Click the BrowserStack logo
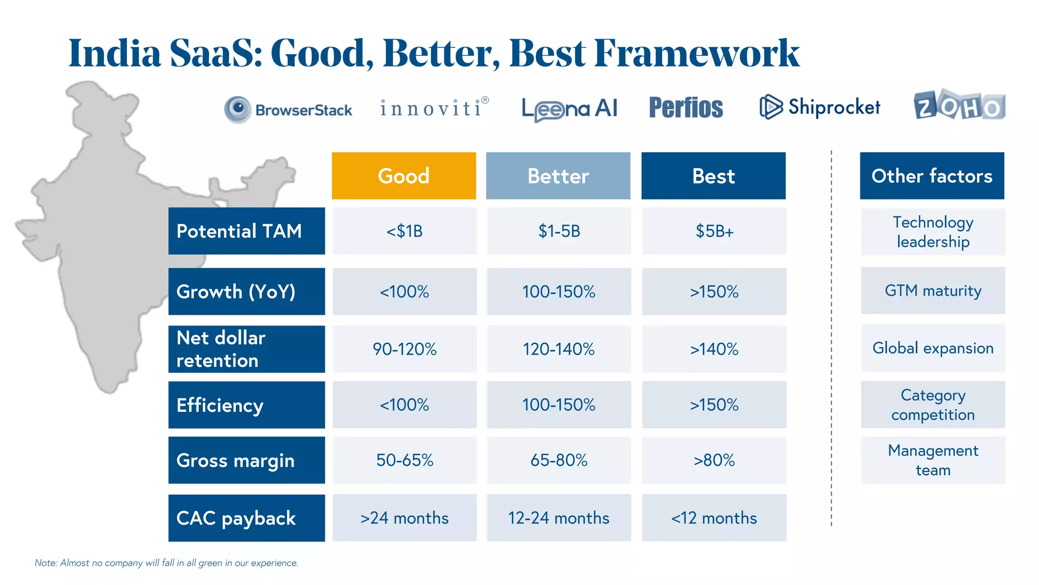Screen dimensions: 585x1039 pyautogui.click(x=288, y=110)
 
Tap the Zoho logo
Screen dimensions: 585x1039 pyautogui.click(x=959, y=106)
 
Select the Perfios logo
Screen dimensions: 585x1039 pyautogui.click(x=686, y=108)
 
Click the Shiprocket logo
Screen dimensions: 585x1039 pyautogui.click(x=820, y=107)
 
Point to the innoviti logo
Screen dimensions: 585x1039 pyautogui.click(x=434, y=108)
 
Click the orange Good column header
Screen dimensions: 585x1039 pyautogui.click(x=404, y=176)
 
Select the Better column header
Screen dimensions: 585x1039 pyautogui.click(x=558, y=176)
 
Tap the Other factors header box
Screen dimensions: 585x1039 pyautogui.click(x=932, y=176)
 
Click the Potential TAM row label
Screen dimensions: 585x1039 pyautogui.click(x=247, y=231)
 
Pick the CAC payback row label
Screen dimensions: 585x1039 pyautogui.click(x=247, y=518)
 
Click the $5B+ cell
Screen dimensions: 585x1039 pyautogui.click(x=714, y=231)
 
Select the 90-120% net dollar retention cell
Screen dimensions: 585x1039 pyautogui.click(x=404, y=349)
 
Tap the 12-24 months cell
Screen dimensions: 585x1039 pyautogui.click(x=559, y=518)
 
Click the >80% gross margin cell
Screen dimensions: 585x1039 pyautogui.click(x=714, y=460)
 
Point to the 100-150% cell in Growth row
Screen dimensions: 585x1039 pyautogui.click(x=559, y=291)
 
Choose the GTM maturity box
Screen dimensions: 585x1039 pyautogui.click(x=933, y=290)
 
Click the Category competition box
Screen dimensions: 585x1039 pyautogui.click(x=933, y=405)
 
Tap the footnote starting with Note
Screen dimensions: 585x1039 pyautogui.click(x=166, y=563)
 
